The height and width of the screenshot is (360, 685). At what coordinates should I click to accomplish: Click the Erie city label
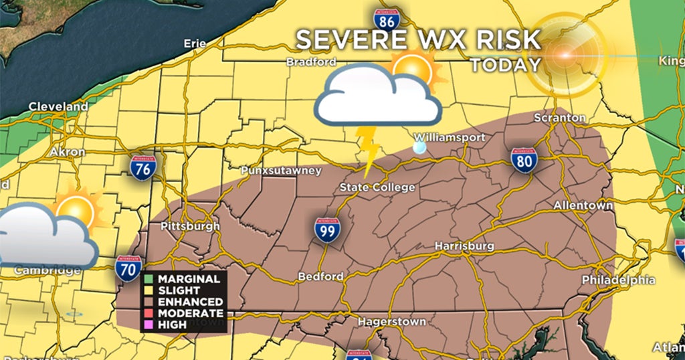click(x=195, y=44)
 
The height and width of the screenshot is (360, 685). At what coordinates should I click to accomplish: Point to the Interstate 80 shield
click(x=524, y=161)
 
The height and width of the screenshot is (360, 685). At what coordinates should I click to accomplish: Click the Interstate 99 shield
click(x=327, y=230)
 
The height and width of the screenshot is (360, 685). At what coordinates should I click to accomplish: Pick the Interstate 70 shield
click(x=128, y=269)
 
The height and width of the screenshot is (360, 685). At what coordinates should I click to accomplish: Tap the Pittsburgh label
click(x=190, y=226)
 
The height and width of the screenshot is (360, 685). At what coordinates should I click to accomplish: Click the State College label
click(x=377, y=187)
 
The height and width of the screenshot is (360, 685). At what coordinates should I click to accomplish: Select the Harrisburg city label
click(x=464, y=246)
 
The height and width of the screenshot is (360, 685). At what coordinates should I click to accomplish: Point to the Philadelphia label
click(x=619, y=280)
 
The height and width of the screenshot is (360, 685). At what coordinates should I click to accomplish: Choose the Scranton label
click(x=560, y=118)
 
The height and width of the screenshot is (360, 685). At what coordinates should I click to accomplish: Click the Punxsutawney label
click(x=282, y=171)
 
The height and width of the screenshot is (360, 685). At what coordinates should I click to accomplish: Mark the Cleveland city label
click(x=58, y=106)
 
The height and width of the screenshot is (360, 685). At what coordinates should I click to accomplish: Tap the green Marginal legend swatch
click(x=149, y=279)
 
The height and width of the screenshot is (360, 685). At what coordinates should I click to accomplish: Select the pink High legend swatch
click(x=149, y=325)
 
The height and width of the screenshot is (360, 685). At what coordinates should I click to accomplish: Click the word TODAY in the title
click(x=505, y=65)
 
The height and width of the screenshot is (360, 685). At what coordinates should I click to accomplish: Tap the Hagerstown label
click(x=391, y=322)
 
